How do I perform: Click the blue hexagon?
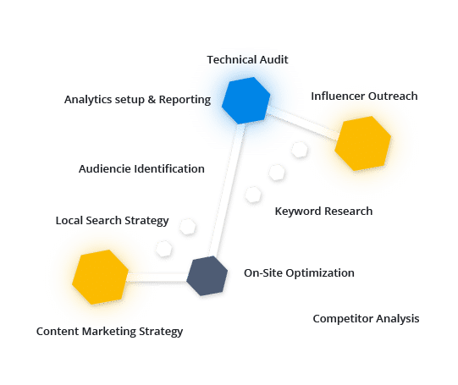click(x=246, y=101)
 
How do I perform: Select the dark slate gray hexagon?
click(x=207, y=276)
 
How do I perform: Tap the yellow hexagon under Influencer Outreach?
click(x=363, y=143)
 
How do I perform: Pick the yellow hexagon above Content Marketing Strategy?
click(x=100, y=277)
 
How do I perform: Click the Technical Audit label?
click(x=247, y=59)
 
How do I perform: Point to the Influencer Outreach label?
click(x=364, y=96)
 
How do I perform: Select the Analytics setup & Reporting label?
click(x=138, y=100)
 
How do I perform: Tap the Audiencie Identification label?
click(x=141, y=168)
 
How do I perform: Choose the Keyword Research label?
click(x=323, y=212)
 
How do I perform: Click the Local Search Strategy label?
click(x=112, y=221)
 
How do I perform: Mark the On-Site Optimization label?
click(x=299, y=273)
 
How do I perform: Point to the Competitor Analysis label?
click(x=366, y=319)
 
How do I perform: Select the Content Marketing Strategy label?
click(x=109, y=332)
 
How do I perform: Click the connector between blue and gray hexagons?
click(x=228, y=190)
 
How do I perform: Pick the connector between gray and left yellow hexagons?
click(x=157, y=277)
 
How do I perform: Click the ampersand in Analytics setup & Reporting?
click(x=152, y=100)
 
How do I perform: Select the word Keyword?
click(x=298, y=212)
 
